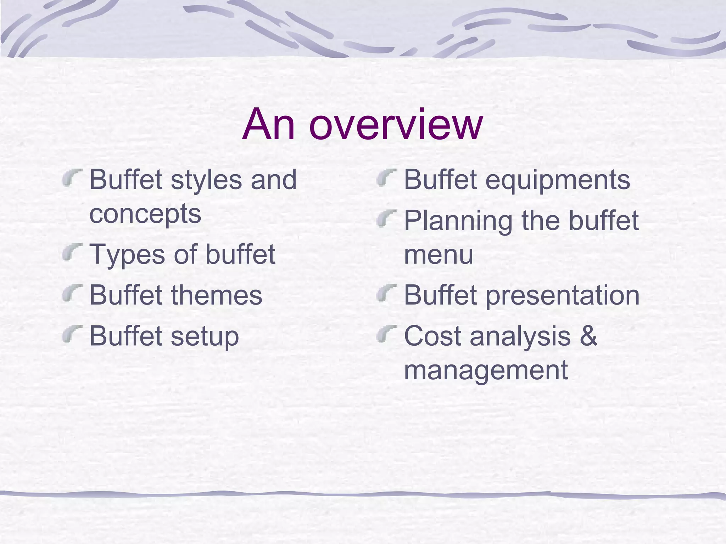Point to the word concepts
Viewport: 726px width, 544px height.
click(x=145, y=214)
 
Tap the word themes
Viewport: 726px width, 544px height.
click(x=217, y=295)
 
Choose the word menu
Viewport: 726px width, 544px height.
click(x=439, y=255)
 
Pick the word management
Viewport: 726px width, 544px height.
click(x=486, y=370)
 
